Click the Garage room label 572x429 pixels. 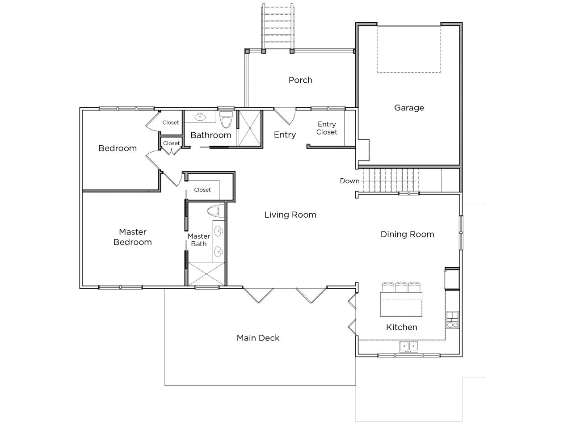coord(409,108)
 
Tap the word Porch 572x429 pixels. coord(300,80)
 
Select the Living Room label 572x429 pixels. coord(290,215)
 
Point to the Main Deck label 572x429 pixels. coord(258,338)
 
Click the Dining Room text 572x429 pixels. coord(407,234)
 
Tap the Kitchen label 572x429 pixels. coord(401,328)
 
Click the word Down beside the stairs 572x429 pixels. coord(349,181)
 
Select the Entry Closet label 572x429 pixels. coord(327,128)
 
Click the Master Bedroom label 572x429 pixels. coord(133,237)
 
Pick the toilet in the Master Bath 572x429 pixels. coord(216,210)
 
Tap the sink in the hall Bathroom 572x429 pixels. coord(200,118)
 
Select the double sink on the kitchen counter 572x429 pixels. coord(409,346)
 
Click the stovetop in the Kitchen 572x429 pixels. coord(452,320)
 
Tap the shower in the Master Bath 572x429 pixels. coord(206,273)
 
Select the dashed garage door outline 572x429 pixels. coord(408,49)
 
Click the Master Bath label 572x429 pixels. coord(198,240)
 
